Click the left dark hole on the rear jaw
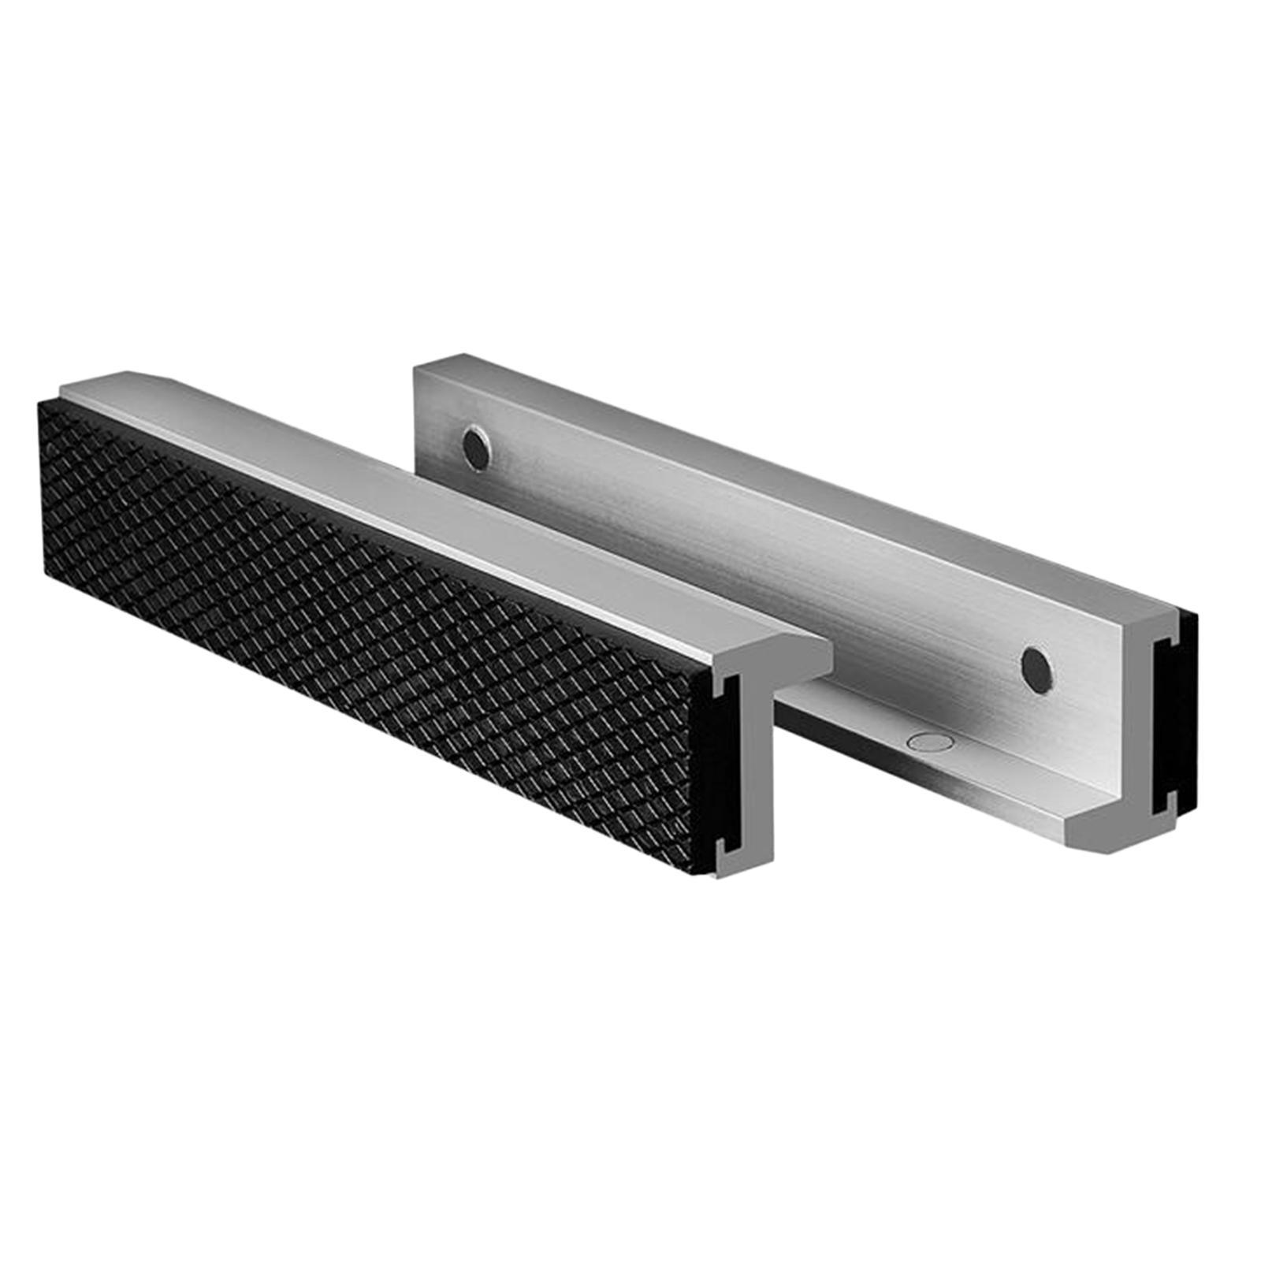(474, 447)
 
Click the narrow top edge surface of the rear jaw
(788, 489)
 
